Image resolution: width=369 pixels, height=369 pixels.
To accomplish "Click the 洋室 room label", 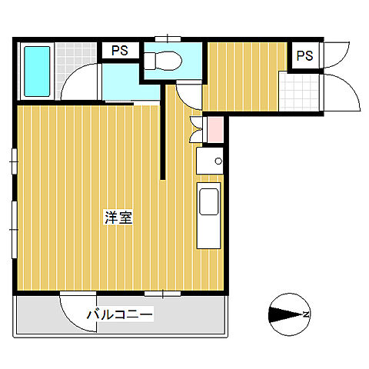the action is [118, 218].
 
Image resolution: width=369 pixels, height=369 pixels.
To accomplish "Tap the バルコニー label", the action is [120, 314].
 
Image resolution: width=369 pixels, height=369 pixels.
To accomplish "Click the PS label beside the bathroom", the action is [120, 51].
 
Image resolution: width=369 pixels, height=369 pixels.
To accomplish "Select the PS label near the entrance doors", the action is [304, 55].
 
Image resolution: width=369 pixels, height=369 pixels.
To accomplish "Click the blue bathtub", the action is [37, 71].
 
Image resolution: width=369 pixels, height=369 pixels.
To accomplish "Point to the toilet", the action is [163, 61].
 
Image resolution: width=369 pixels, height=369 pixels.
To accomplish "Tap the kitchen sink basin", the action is [209, 201].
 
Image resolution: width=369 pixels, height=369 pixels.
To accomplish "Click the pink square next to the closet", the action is [215, 130].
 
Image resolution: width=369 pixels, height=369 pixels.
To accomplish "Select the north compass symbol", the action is [290, 314].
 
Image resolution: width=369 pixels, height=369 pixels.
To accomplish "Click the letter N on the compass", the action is [306, 314].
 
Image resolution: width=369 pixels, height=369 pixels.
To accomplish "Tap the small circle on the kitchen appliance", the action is [218, 161].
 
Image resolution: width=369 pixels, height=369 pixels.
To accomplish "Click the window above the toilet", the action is [168, 39].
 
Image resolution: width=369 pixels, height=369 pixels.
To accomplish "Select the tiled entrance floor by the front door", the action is [299, 91].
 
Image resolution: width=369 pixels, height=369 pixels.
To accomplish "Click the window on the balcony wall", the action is [163, 294].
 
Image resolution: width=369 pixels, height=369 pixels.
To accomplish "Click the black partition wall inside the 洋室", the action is [163, 132].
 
